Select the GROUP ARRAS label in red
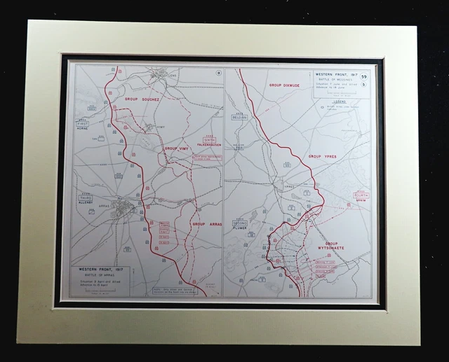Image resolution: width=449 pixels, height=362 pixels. tap(206, 224)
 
